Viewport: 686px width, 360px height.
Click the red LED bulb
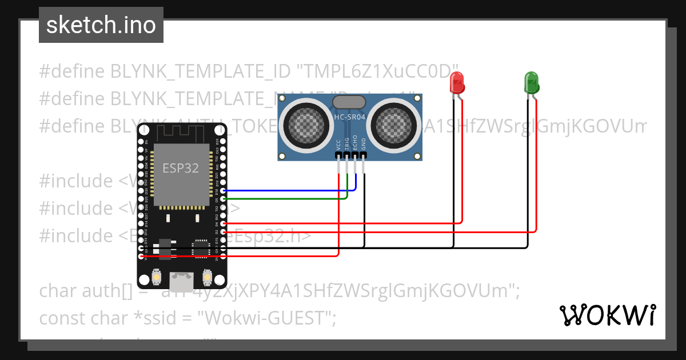tap(457, 83)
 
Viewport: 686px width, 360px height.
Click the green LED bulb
tap(531, 83)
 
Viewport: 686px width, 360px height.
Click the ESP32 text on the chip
tap(181, 168)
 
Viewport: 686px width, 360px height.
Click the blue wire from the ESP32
tap(286, 190)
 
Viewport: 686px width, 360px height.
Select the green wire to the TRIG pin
tap(286, 198)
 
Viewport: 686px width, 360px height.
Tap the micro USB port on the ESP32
tap(182, 280)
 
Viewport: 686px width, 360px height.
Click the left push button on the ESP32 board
tap(156, 278)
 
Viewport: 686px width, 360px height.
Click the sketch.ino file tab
tap(101, 25)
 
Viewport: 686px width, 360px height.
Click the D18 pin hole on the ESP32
tap(223, 190)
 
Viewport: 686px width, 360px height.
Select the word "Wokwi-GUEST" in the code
tap(269, 318)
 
